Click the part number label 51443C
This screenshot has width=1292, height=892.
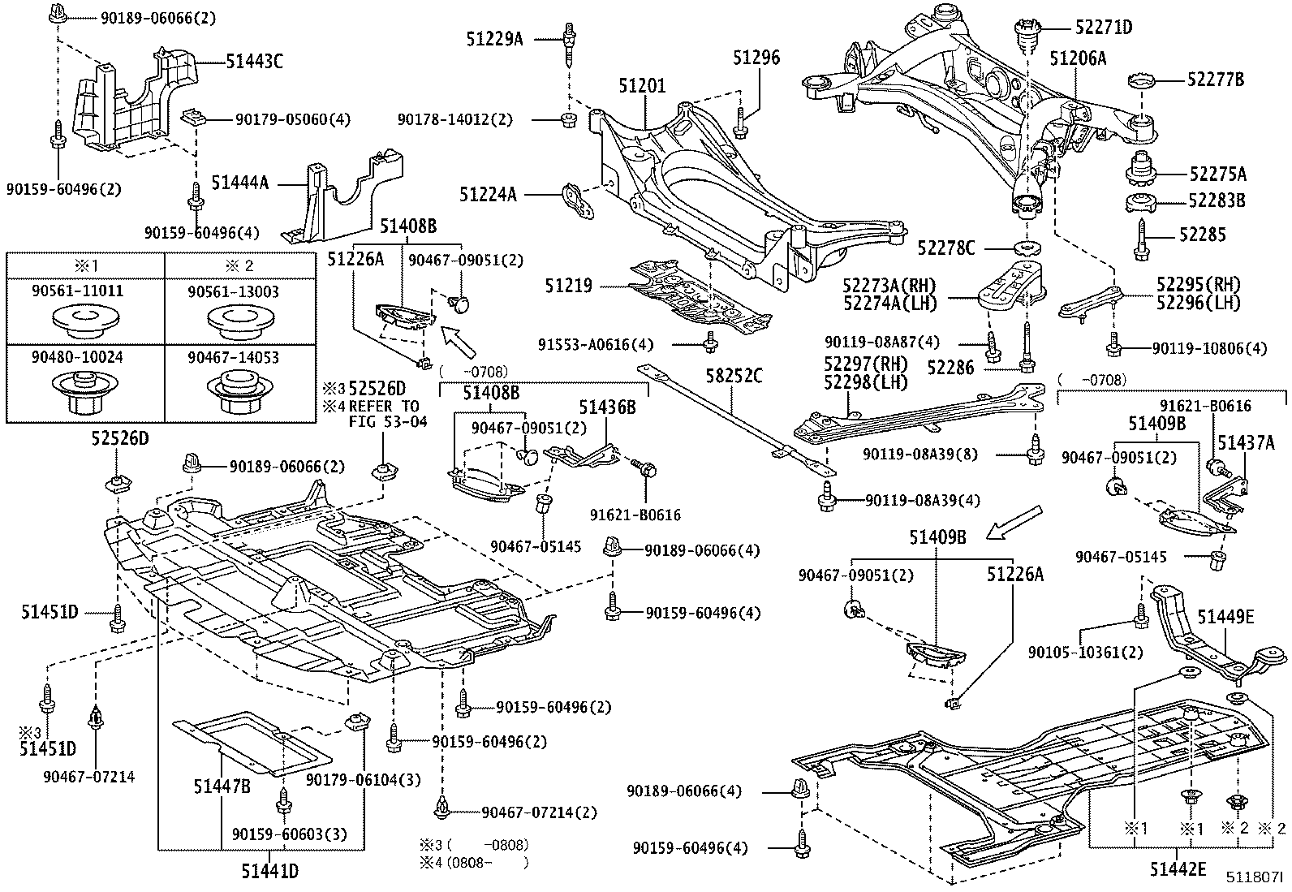click(254, 61)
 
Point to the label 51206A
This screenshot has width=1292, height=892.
click(1078, 58)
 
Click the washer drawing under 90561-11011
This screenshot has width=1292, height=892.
click(84, 318)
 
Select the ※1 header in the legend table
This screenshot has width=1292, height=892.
click(84, 267)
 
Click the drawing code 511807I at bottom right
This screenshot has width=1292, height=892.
click(1254, 877)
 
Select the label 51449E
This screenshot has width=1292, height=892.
click(1225, 618)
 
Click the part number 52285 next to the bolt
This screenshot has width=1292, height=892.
click(1203, 235)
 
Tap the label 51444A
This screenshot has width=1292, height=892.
click(239, 183)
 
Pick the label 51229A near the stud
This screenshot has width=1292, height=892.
click(495, 37)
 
